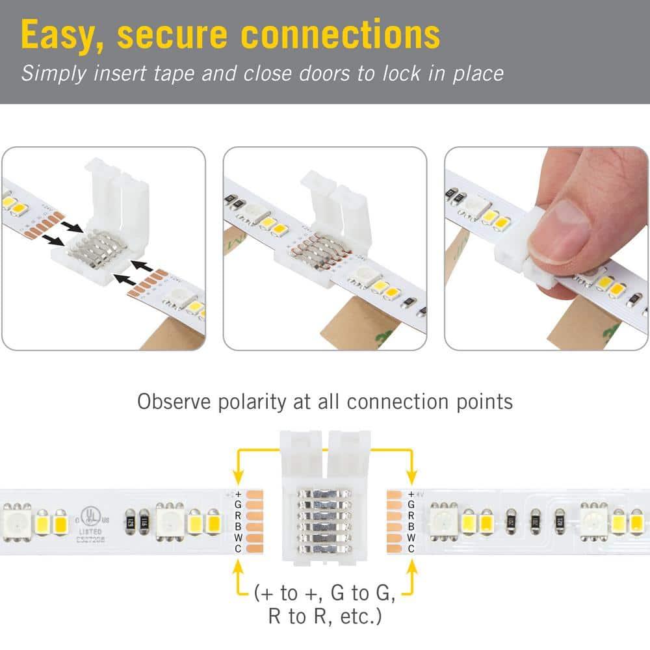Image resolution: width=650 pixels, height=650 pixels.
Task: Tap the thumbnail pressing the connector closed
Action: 546,248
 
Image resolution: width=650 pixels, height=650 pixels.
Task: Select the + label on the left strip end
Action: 238,494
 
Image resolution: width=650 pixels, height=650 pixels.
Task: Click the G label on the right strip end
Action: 411,504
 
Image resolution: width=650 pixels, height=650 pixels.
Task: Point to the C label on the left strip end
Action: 238,549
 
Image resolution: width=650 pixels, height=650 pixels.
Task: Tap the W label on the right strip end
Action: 411,538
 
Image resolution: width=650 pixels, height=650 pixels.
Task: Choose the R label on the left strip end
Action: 238,515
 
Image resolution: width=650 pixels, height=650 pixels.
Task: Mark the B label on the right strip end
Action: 411,526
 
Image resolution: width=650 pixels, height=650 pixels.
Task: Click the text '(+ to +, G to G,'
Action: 325,593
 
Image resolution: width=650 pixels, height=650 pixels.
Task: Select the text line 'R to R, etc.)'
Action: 325,616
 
